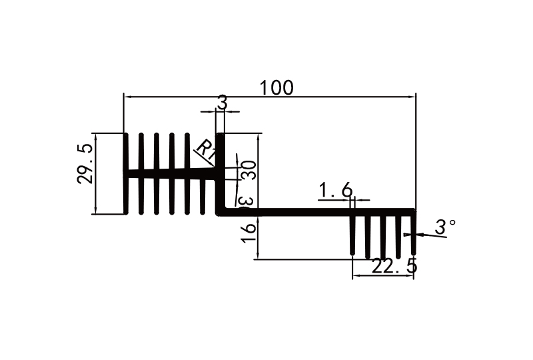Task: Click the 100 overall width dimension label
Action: point(276,87)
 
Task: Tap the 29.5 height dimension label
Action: point(85,174)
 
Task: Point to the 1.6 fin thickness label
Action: point(335,191)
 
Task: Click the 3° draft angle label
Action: point(445,227)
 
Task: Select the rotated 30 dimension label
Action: point(249,170)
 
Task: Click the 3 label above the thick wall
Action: point(222,103)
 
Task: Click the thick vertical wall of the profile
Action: point(220,173)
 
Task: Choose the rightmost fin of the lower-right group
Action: point(413,235)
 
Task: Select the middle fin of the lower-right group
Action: point(383,236)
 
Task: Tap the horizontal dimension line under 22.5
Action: point(383,276)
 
